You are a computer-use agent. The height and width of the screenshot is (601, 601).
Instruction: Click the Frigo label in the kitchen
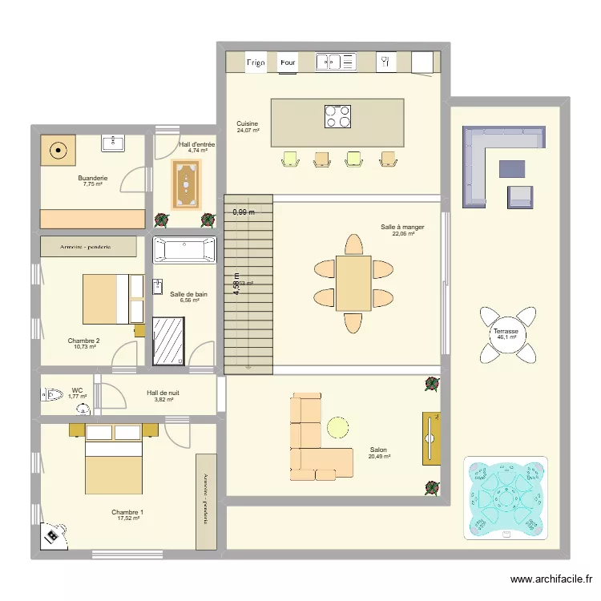point(256,62)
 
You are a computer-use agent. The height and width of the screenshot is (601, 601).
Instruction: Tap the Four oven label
point(288,62)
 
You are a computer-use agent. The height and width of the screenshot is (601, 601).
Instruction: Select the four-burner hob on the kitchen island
point(337,117)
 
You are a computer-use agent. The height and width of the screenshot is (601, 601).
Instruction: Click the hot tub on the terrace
point(506,498)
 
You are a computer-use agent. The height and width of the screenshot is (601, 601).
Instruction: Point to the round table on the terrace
point(506,330)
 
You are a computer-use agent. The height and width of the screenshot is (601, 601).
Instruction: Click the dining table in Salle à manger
point(353,283)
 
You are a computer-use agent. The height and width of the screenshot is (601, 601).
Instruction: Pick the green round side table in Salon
point(338,427)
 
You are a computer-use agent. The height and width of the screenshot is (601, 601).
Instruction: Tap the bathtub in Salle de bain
point(184,250)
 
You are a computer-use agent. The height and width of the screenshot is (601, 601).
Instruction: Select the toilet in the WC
point(53,394)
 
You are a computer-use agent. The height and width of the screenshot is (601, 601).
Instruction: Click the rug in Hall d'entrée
point(187,184)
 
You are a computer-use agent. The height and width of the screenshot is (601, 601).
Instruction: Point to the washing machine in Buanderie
point(58,150)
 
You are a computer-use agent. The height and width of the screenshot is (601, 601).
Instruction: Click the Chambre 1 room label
point(127,512)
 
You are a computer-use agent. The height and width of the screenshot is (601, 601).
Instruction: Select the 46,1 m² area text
point(506,337)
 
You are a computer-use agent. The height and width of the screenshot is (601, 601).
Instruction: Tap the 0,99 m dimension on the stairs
point(244,212)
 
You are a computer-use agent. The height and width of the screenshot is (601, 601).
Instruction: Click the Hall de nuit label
point(163,393)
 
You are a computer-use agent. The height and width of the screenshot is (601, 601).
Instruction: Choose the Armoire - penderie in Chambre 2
point(88,246)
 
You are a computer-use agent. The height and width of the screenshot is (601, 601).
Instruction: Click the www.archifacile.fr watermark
point(553,579)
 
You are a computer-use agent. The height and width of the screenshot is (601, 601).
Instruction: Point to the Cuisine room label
point(247,124)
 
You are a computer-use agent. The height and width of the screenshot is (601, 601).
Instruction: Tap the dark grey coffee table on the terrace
point(512,168)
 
